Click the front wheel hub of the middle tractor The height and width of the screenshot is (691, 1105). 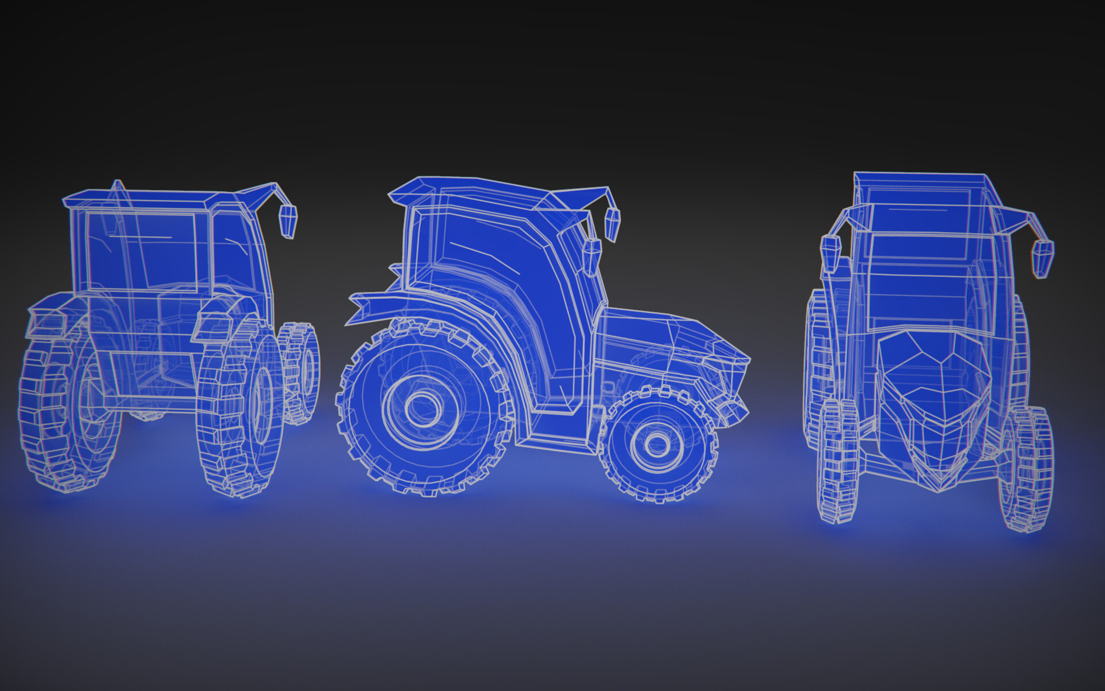(x=656, y=444)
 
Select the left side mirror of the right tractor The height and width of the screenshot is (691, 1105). (x=830, y=254)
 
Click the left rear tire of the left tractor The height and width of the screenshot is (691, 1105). (x=63, y=415)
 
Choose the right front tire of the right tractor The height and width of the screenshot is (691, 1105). (x=1027, y=469)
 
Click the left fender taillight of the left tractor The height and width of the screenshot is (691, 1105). (x=46, y=322)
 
